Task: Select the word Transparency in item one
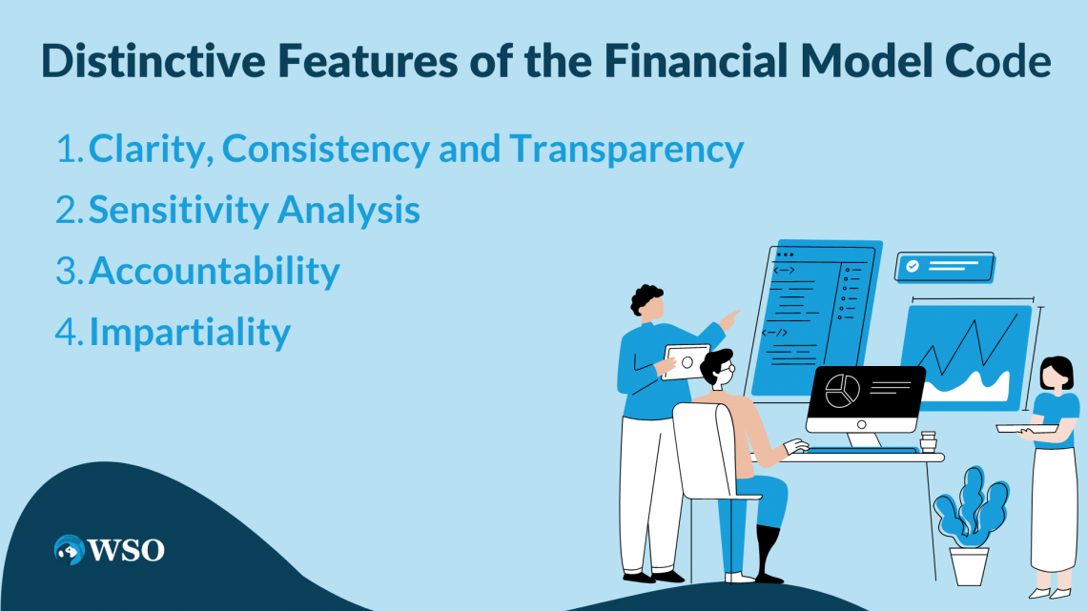click(626, 150)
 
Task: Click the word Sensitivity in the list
click(178, 211)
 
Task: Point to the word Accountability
click(215, 272)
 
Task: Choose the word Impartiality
click(190, 332)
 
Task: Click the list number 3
click(68, 272)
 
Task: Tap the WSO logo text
click(126, 550)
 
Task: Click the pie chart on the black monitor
click(841, 389)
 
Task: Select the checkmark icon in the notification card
click(913, 268)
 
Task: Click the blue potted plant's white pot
click(969, 564)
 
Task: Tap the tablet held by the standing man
click(686, 361)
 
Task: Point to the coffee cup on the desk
click(928, 440)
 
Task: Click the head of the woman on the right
click(1056, 373)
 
